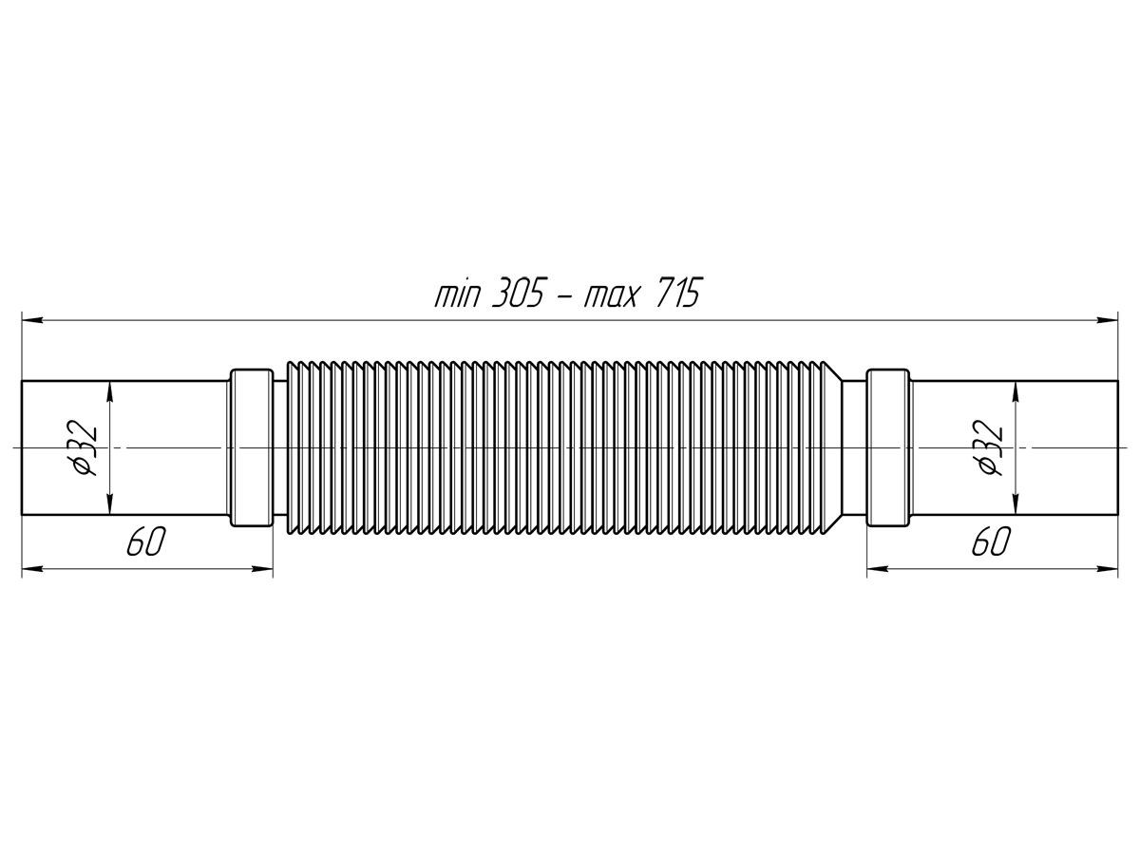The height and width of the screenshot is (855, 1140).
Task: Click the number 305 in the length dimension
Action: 518,293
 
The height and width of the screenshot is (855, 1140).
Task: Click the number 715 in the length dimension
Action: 678,293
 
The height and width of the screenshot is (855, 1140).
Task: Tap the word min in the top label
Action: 457,294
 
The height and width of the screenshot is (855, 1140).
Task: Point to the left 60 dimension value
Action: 146,541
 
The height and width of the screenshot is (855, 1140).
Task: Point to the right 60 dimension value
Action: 992,541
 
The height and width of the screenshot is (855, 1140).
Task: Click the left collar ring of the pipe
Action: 252,447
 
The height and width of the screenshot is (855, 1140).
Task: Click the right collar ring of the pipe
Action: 888,447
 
